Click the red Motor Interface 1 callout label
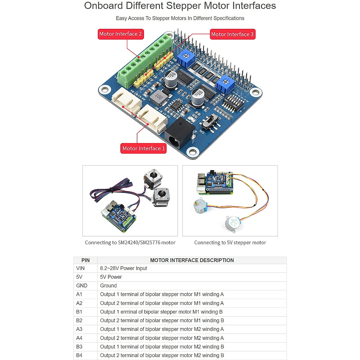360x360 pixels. click(x=143, y=148)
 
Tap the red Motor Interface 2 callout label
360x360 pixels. click(x=121, y=34)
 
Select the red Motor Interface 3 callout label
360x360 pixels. click(x=232, y=34)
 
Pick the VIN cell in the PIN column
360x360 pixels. click(x=80, y=268)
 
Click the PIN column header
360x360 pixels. click(x=85, y=260)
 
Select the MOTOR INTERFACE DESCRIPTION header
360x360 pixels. click(x=192, y=260)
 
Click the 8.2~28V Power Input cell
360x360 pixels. click(x=124, y=268)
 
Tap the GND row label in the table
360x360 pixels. click(x=82, y=286)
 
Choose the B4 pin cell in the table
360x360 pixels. click(x=79, y=355)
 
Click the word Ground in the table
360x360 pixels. click(x=108, y=286)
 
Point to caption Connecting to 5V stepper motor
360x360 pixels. click(x=230, y=242)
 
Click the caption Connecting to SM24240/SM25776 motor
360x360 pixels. click(x=130, y=242)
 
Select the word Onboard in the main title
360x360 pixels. click(x=103, y=6)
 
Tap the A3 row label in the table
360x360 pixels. click(x=79, y=329)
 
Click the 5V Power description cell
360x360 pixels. click(x=111, y=277)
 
